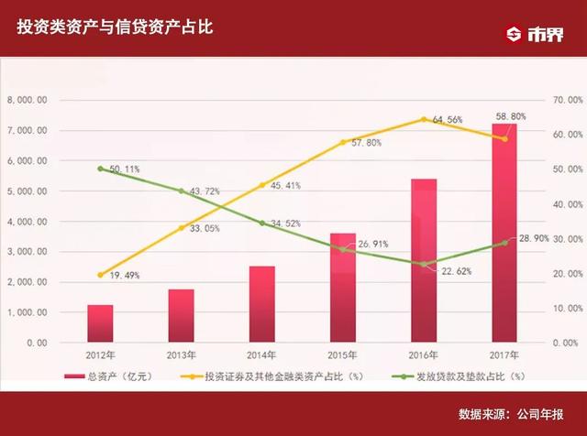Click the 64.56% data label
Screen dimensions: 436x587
(447, 120)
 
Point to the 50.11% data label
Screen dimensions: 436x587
(124, 169)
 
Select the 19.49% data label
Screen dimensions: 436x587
(124, 276)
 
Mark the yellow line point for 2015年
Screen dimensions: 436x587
(343, 142)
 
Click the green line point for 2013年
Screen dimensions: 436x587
(181, 191)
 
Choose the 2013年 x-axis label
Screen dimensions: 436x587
(181, 355)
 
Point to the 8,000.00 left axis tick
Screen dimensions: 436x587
(27, 100)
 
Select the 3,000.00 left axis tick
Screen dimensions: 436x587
(27, 252)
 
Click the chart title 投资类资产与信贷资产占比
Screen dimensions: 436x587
(115, 28)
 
